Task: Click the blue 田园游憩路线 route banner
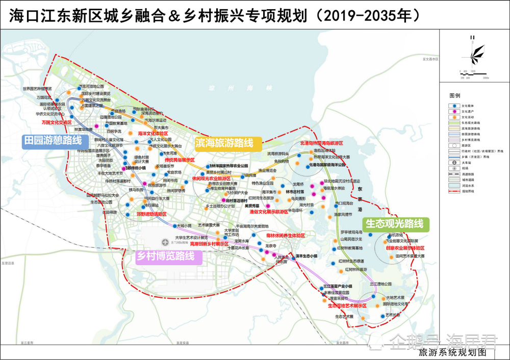click(52, 141)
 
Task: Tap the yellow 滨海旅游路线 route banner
click(224, 143)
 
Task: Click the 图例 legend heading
click(455, 95)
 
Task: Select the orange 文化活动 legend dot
click(454, 117)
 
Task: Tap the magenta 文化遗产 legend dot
click(454, 111)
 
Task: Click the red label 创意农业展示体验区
click(405, 247)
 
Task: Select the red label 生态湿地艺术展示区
click(347, 305)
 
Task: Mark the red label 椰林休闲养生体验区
click(286, 236)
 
